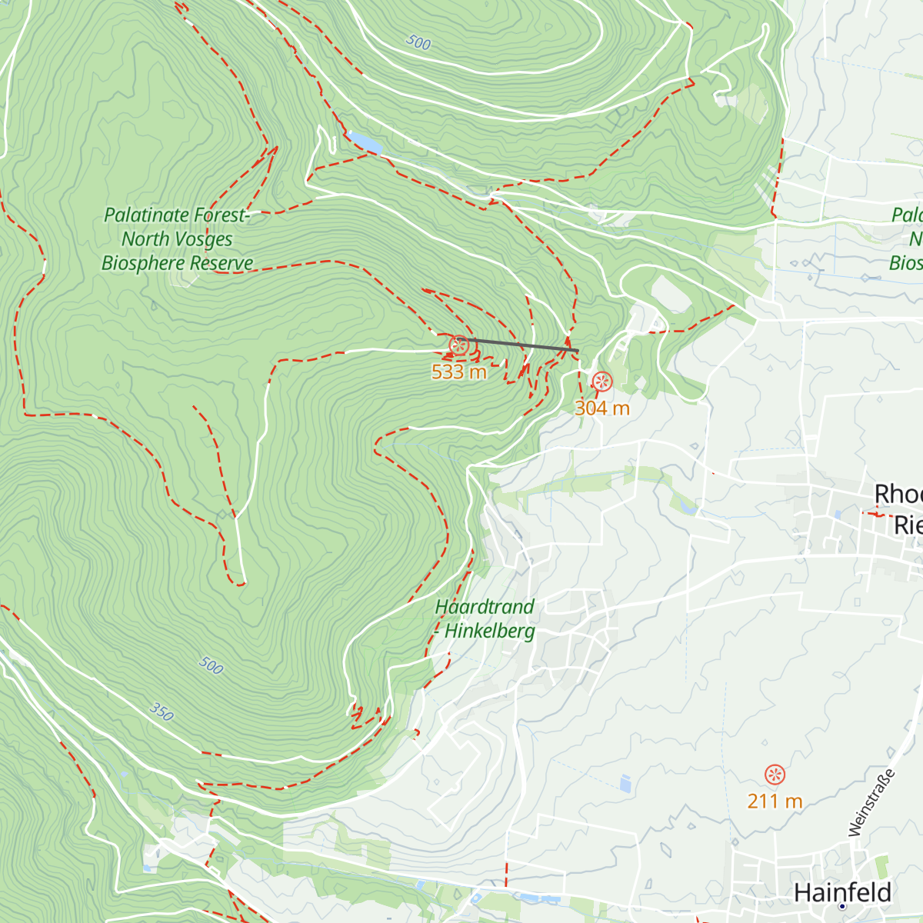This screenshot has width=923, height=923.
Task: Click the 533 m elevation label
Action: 459,372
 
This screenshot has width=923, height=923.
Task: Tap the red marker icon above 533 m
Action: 459,345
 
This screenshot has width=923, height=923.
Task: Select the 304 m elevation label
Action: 602,408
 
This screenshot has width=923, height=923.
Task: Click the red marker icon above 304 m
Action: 601,382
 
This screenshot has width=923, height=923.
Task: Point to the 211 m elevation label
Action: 775,801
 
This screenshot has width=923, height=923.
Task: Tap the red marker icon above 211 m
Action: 775,775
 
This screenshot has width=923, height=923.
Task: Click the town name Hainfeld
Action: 842,892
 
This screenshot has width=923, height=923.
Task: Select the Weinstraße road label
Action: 872,802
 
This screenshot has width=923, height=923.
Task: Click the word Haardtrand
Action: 485,607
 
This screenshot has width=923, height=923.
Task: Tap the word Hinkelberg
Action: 490,631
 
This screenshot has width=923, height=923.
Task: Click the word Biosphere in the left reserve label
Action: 144,263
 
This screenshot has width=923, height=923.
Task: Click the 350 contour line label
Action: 162,711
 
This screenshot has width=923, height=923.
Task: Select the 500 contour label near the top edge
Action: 418,43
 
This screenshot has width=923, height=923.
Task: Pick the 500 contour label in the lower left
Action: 211,665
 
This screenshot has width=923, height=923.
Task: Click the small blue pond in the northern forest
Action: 364,142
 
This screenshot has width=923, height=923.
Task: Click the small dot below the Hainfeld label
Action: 842,907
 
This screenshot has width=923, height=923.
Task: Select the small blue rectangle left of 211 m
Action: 625,784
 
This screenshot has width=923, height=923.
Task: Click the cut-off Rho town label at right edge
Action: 898,494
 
